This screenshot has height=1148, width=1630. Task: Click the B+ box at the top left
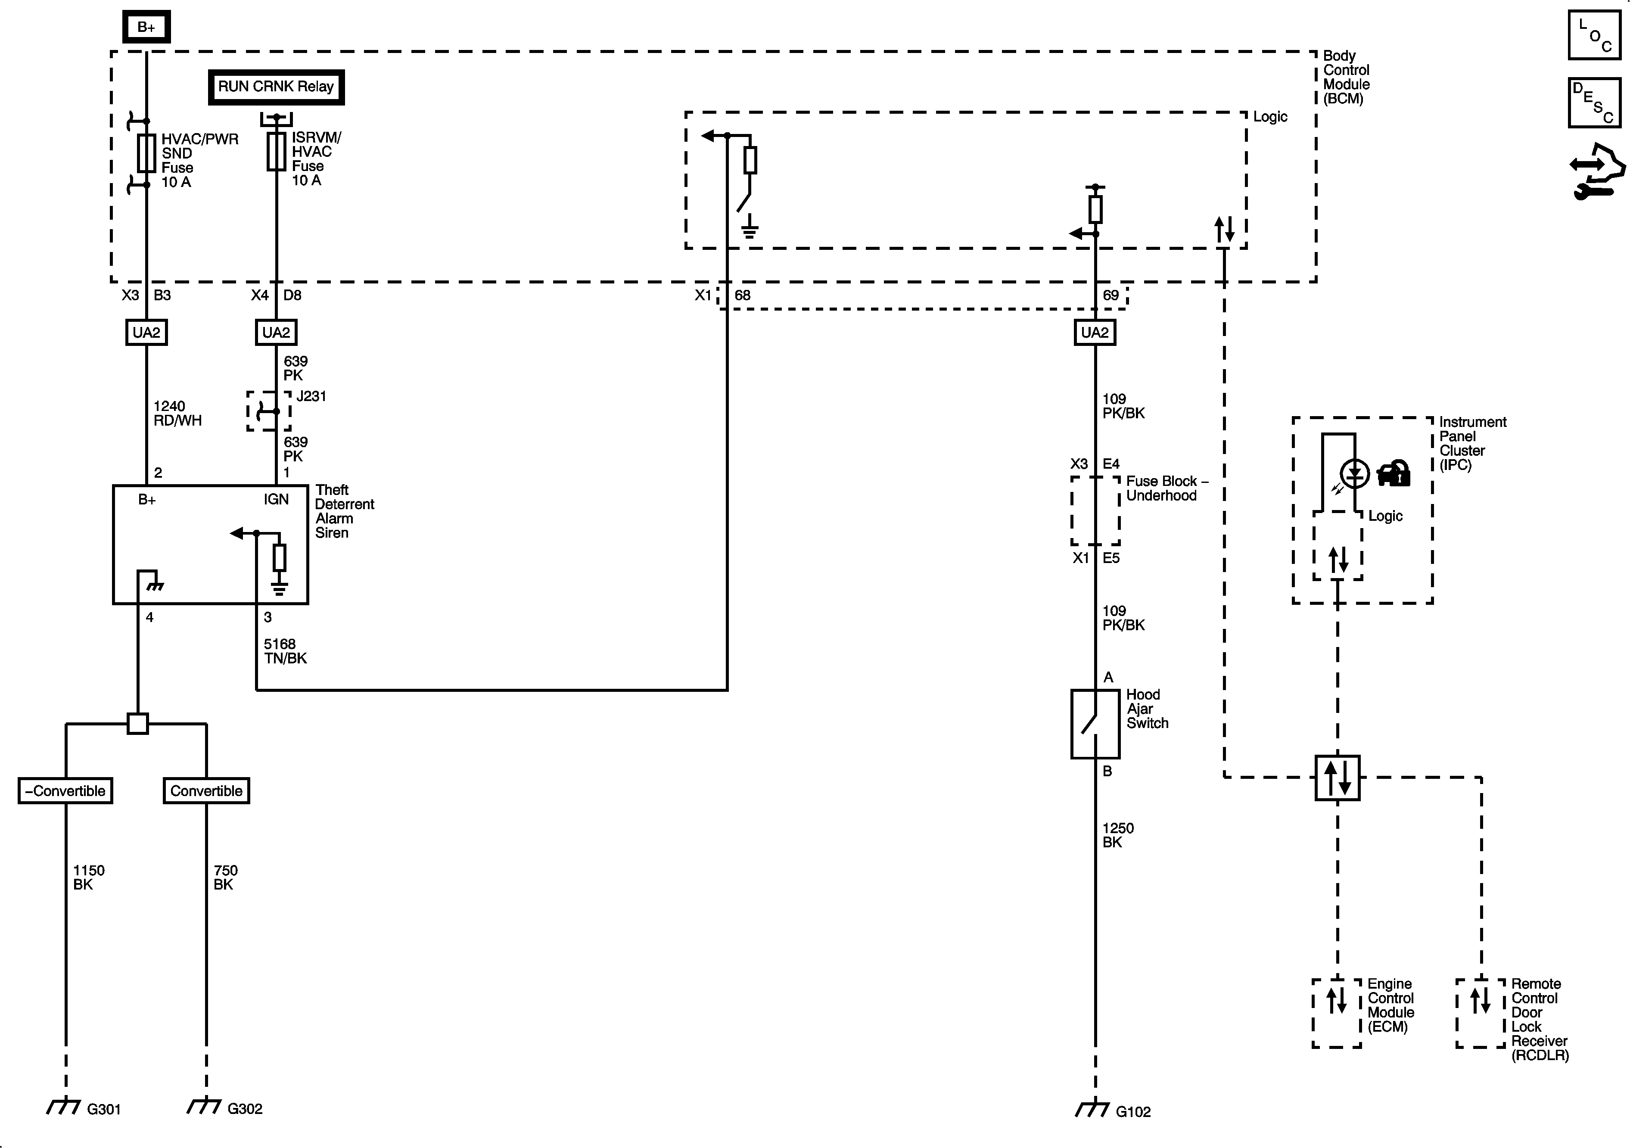click(146, 27)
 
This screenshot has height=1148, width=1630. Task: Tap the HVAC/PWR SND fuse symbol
click(146, 152)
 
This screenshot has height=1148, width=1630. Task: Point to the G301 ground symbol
click(64, 1106)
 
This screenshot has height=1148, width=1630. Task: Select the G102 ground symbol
click(1092, 1108)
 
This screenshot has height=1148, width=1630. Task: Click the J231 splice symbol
click(268, 411)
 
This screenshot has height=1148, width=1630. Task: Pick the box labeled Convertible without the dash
click(206, 791)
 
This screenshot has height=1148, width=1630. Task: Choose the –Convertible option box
click(65, 791)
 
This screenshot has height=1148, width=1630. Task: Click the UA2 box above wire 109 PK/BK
click(1094, 332)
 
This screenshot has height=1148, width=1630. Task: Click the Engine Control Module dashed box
click(1336, 1013)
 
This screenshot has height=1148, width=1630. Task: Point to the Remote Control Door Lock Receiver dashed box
click(1480, 1013)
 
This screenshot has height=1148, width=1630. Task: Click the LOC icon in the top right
click(1594, 35)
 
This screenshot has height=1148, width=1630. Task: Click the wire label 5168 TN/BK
click(285, 651)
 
